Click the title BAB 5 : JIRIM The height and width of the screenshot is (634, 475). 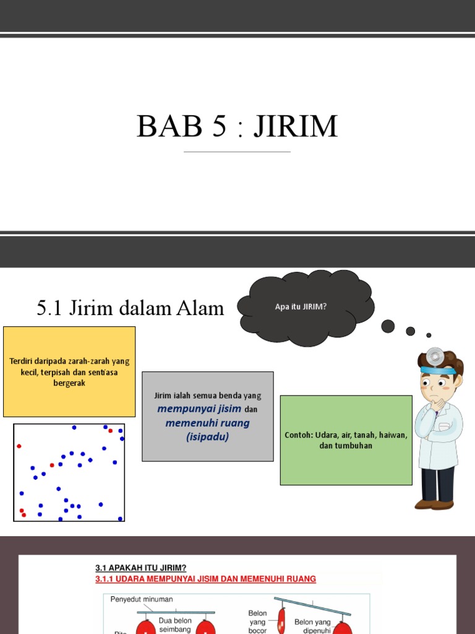tap(237, 126)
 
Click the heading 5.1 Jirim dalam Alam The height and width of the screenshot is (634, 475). tap(130, 308)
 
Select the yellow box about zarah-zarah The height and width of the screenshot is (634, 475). tap(69, 371)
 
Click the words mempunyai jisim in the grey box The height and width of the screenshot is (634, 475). tap(190, 409)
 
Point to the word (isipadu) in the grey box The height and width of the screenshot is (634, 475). tap(207, 436)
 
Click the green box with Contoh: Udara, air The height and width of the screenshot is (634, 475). tap(346, 440)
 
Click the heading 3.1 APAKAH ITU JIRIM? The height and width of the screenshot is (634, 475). tap(140, 568)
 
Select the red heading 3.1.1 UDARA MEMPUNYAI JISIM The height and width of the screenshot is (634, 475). tap(205, 579)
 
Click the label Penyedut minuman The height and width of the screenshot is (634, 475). tap(142, 599)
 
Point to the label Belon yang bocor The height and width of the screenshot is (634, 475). tap(258, 622)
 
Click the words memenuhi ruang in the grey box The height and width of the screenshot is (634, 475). tap(207, 423)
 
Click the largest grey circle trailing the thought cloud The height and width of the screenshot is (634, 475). tap(388, 326)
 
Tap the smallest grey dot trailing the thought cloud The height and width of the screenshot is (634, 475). tap(429, 335)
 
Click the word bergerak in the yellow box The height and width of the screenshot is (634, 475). tap(69, 383)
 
